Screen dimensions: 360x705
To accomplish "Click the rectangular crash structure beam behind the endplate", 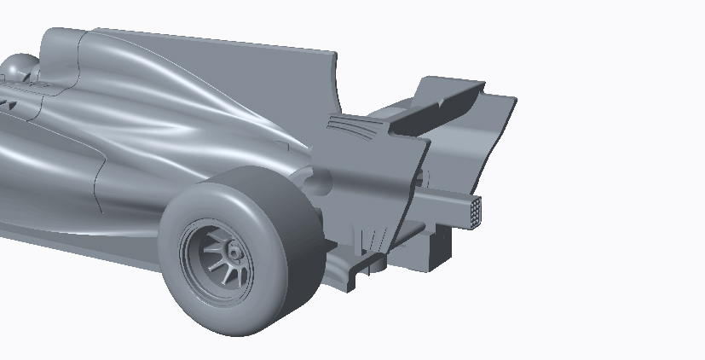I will pos(443,204).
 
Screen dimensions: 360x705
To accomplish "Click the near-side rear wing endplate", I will pos(375,179).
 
